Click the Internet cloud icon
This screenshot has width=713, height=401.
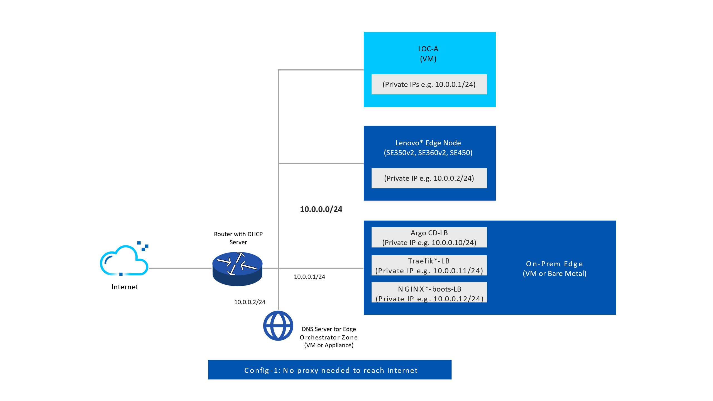124,260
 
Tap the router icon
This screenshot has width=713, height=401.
237,268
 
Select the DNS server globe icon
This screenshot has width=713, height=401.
278,326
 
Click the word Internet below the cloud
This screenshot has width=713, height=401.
125,287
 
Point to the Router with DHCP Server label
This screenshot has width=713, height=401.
238,238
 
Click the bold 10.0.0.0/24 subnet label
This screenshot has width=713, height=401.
321,209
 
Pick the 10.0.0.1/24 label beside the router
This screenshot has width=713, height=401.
309,277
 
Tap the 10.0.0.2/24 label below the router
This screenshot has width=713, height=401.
250,302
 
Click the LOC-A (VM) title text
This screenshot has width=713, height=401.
428,54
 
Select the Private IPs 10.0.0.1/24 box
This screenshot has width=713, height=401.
429,84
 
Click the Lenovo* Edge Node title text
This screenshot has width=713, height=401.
428,143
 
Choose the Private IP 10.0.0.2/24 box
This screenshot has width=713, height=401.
429,178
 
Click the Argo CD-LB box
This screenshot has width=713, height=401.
429,238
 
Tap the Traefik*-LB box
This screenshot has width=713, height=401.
429,266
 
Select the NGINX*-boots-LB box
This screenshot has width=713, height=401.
429,294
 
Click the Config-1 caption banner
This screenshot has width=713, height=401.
330,370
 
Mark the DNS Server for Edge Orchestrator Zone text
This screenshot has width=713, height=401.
329,337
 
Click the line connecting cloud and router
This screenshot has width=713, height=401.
180,268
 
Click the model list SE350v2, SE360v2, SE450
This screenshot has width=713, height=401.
428,153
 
